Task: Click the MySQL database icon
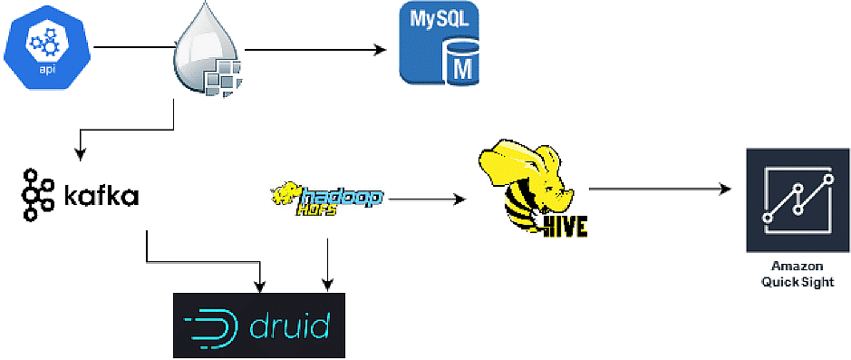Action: tap(440, 45)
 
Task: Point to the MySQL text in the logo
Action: tap(439, 19)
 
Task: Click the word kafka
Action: tap(100, 195)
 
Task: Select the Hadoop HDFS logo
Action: tap(327, 197)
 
